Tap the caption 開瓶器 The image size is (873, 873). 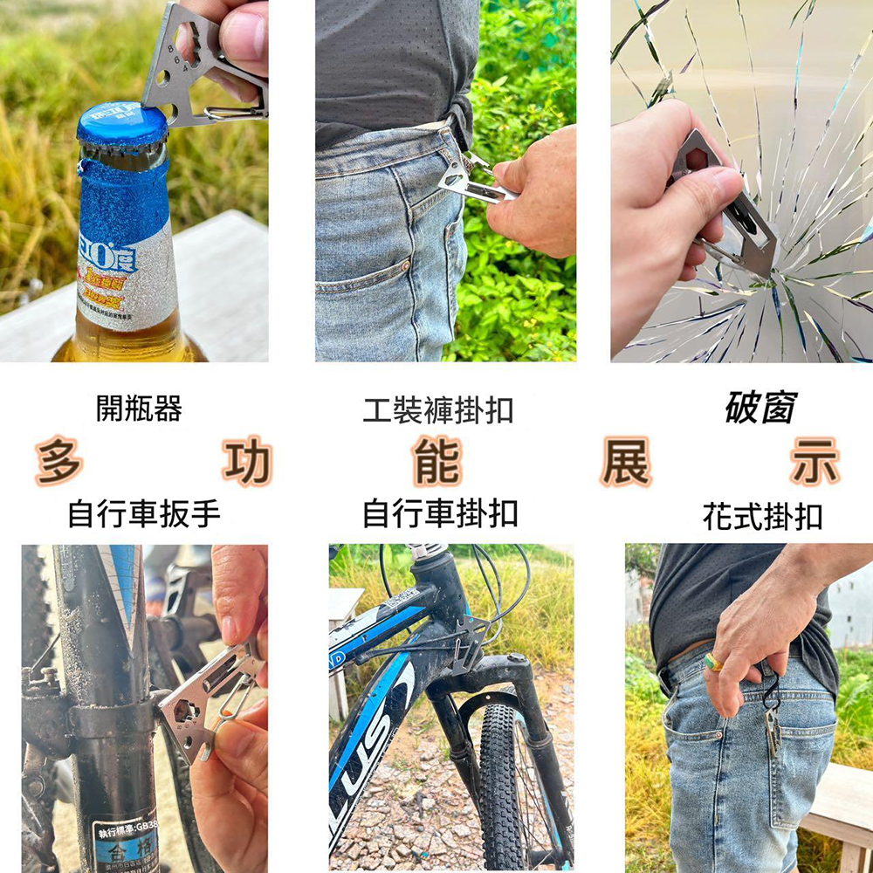tap(139, 408)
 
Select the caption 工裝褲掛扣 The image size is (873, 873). tap(437, 409)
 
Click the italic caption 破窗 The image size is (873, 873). tap(760, 408)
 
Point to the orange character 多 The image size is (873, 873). tap(59, 462)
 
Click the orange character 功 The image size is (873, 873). tap(248, 462)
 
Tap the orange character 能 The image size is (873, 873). tap(437, 462)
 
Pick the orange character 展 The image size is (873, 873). tap(626, 462)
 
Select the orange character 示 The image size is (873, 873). tap(815, 462)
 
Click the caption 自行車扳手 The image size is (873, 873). tap(144, 514)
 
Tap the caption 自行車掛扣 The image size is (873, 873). tap(440, 513)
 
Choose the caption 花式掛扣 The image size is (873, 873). tap(762, 516)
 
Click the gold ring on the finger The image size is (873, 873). tap(713, 662)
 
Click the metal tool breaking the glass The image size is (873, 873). tap(729, 205)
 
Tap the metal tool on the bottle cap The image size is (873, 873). tap(188, 65)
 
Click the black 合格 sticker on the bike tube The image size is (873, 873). tap(127, 842)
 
